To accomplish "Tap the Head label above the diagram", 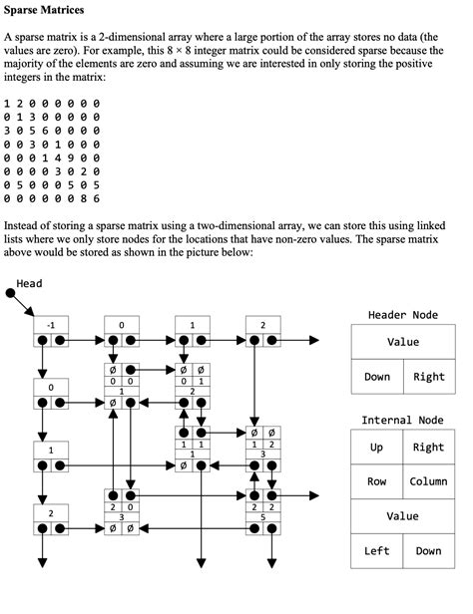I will click(30, 284).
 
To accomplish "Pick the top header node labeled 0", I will click(121, 325).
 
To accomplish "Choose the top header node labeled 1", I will click(192, 325).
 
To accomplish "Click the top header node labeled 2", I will click(262, 325).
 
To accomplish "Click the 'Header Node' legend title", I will click(402, 315).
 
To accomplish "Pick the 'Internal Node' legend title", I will click(402, 421).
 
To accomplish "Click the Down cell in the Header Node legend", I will click(377, 377).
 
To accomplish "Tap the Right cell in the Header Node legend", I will click(428, 377).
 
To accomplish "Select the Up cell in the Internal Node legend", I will click(377, 448).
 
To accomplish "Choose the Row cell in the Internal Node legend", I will click(377, 482).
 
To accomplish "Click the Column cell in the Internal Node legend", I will click(428, 482).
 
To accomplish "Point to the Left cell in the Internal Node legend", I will click(377, 551).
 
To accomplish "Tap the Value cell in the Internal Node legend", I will click(402, 516).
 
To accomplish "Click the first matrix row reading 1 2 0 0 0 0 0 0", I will click(52, 103).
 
